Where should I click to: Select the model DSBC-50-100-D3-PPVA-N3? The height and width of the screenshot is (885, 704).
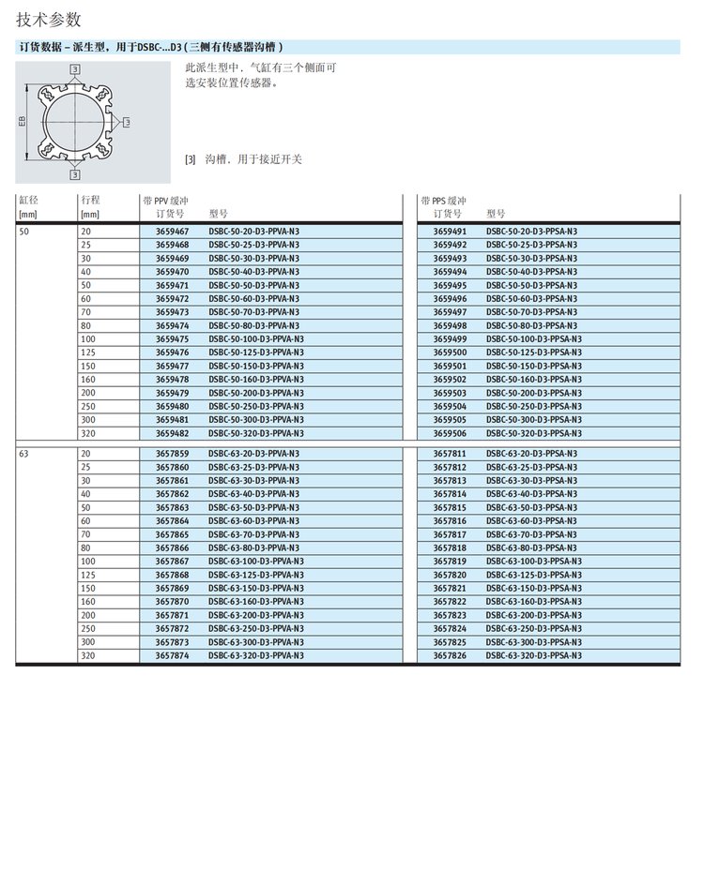pyautogui.click(x=256, y=339)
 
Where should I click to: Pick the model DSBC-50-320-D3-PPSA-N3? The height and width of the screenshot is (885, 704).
pyautogui.click(x=533, y=434)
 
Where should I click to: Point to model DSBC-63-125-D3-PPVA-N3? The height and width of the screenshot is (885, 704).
pyautogui.click(x=256, y=575)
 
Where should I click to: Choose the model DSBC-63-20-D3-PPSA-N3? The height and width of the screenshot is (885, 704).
pyautogui.click(x=531, y=454)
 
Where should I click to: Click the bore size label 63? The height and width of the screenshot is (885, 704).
pyautogui.click(x=24, y=454)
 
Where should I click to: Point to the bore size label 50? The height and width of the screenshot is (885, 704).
pyautogui.click(x=24, y=231)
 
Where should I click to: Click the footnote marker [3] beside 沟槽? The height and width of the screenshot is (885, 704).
pyautogui.click(x=191, y=159)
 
